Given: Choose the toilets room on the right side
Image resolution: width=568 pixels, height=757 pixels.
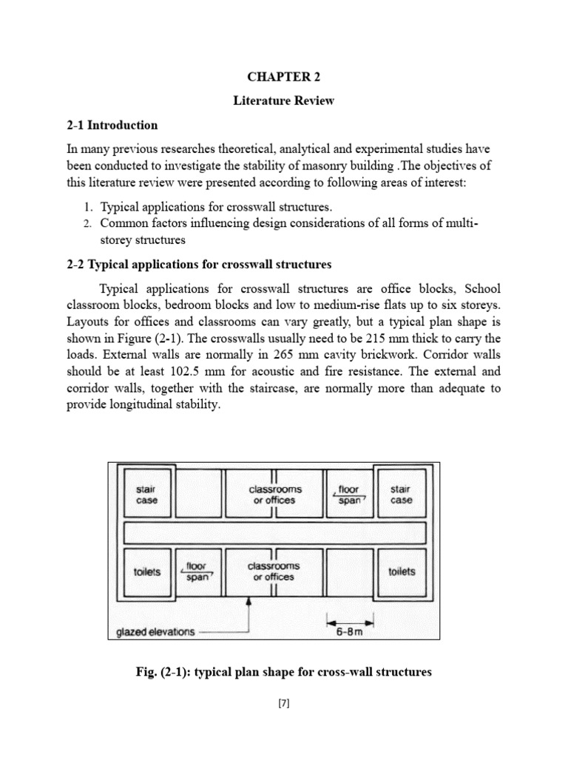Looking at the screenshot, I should pyautogui.click(x=402, y=571).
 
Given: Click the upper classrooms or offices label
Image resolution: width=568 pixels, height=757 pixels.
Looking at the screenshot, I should pyautogui.click(x=274, y=495).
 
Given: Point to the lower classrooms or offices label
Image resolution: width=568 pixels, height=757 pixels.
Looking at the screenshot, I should pyautogui.click(x=274, y=571).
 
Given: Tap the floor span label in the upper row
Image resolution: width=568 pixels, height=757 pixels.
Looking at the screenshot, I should pyautogui.click(x=348, y=495).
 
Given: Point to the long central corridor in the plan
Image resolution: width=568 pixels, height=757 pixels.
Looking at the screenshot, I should pyautogui.click(x=274, y=533).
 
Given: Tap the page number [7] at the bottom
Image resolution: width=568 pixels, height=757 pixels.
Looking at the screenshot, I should pyautogui.click(x=283, y=704).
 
